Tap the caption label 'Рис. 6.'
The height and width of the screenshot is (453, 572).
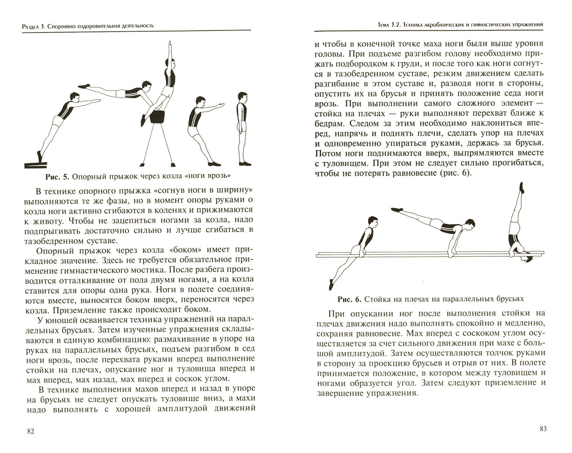click(349, 299)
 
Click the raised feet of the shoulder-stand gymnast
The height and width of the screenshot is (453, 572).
click(521, 187)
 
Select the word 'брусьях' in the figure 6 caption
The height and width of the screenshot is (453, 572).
click(508, 299)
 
